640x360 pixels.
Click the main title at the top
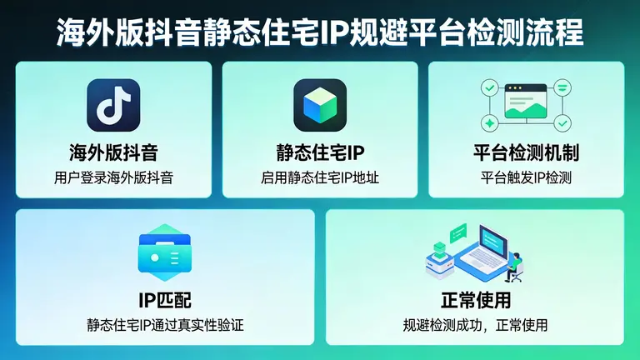point(320,31)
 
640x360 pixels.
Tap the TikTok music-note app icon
point(113,105)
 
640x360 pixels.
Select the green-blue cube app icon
point(320,105)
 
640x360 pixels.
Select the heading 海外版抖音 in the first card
point(113,152)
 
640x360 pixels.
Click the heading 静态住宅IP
point(320,152)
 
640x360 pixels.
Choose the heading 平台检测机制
point(526,152)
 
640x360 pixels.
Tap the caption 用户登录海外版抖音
point(113,177)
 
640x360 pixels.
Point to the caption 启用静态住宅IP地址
point(320,177)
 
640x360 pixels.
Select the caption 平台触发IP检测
point(526,177)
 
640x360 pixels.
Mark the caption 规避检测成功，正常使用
point(475,324)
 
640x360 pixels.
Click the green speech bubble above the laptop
point(457,232)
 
